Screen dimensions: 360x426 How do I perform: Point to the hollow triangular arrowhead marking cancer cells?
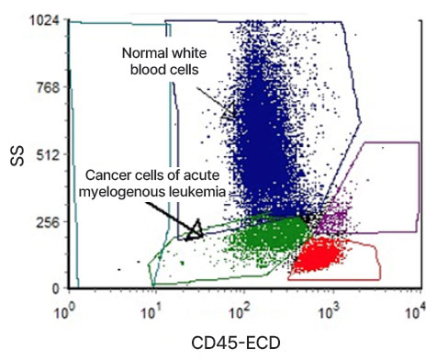pos(194,230)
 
